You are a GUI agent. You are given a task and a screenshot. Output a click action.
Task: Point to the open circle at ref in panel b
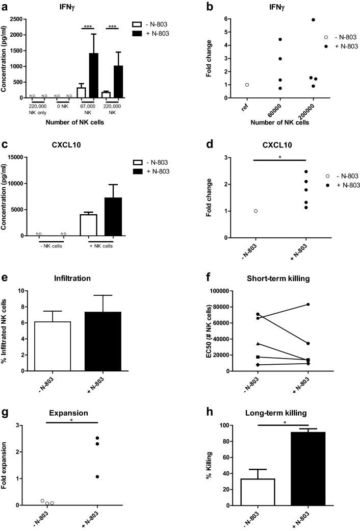[x=247, y=85]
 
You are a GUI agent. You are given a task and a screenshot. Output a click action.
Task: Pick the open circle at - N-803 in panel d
[x=255, y=211]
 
